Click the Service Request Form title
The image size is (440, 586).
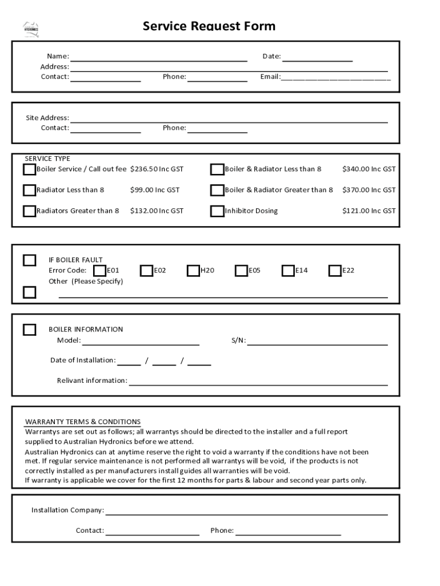(209, 26)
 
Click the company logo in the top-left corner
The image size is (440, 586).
(31, 29)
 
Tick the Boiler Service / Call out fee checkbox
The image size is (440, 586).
(29, 169)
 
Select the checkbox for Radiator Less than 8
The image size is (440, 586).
(29, 190)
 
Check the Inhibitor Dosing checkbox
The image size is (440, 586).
(217, 211)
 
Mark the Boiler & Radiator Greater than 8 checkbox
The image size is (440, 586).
(217, 190)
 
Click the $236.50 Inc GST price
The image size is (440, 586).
(157, 169)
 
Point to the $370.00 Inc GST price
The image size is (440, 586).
(369, 190)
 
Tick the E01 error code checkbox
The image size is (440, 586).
(99, 270)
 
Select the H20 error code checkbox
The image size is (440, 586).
(193, 270)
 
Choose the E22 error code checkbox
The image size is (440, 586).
(335, 270)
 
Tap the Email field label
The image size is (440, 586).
(270, 77)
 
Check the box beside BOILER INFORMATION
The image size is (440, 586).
(29, 330)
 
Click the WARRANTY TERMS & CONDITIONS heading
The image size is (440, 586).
(82, 422)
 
